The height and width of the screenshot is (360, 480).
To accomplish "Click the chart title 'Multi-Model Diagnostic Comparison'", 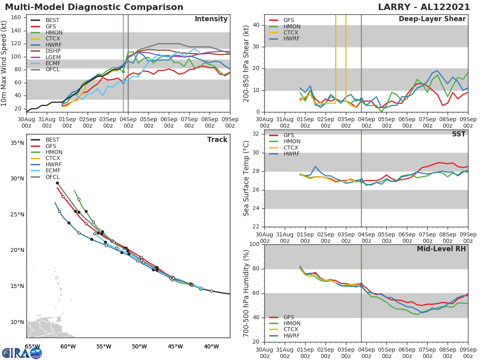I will coord(94,7).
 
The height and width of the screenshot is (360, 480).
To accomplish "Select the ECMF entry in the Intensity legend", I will coord(53,64).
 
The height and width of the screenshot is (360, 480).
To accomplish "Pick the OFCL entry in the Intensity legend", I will coord(53,70).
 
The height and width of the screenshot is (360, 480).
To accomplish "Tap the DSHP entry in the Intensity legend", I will coord(53,51).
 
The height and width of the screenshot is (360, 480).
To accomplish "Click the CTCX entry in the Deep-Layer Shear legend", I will coord(292,33).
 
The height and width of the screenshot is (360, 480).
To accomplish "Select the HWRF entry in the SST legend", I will coord(292,154).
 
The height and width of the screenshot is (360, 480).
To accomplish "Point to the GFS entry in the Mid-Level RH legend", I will coord(291,317).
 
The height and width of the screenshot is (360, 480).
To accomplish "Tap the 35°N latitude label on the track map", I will coord(17,143).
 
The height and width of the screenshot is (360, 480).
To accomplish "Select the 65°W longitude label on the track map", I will coord(32,346).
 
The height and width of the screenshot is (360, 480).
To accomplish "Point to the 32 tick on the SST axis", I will coord(255,134).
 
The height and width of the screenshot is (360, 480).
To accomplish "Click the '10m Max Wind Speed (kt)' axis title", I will coord(4,64).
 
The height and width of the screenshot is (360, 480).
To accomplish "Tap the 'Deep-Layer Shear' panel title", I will coord(432,19).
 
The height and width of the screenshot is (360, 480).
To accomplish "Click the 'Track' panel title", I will coord(217,140).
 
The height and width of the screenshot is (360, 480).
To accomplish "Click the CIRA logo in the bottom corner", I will coord(22,353).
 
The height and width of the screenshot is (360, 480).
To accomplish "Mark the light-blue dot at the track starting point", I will coord(201,288).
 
